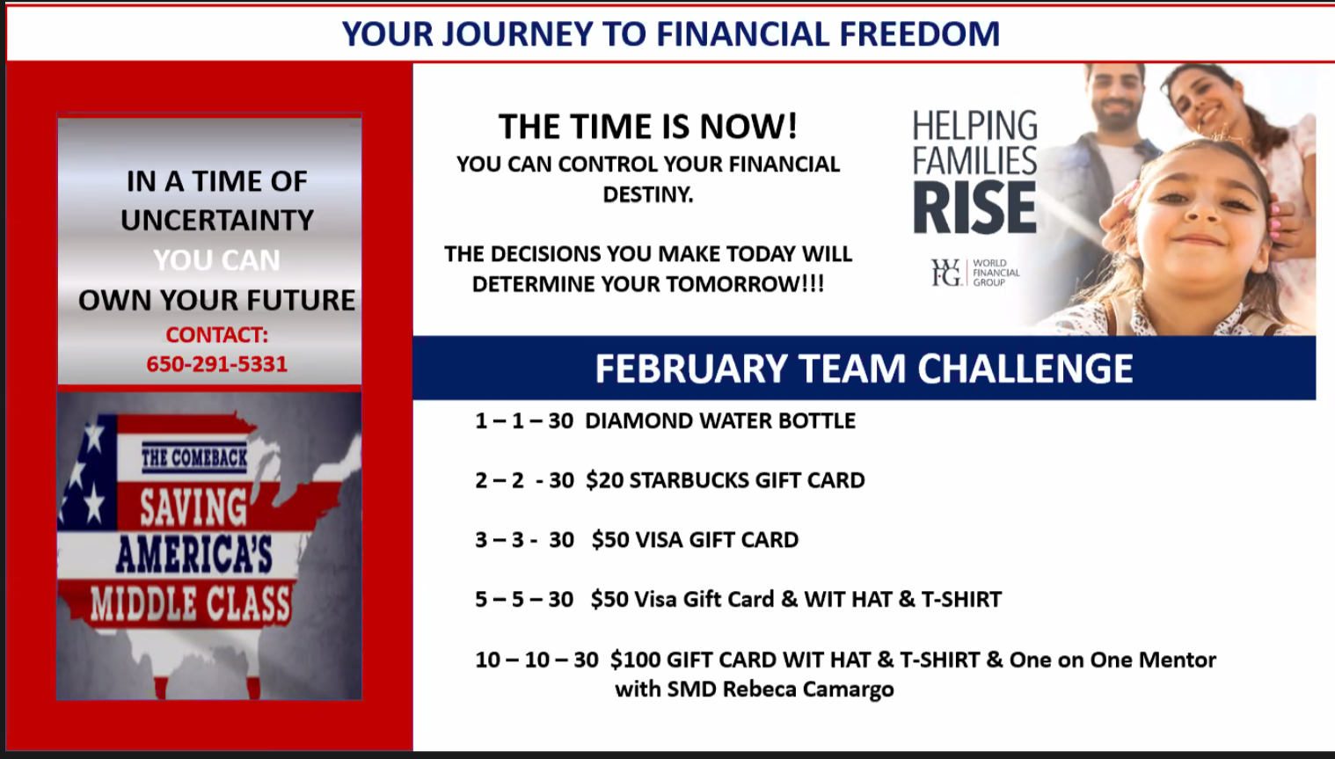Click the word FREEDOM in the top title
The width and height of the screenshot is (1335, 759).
pyautogui.click(x=920, y=33)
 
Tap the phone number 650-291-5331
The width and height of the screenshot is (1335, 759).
pyautogui.click(x=217, y=364)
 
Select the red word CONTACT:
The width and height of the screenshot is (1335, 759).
pyautogui.click(x=217, y=335)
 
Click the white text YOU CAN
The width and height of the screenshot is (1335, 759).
pyautogui.click(x=217, y=260)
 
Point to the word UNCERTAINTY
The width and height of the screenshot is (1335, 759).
pyautogui.click(x=217, y=220)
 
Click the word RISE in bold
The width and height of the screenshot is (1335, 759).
pyautogui.click(x=975, y=208)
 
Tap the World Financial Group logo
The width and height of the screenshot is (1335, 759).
pyautogui.click(x=975, y=273)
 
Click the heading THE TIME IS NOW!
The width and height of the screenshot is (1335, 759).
pyautogui.click(x=648, y=127)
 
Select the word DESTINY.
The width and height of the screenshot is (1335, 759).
pyautogui.click(x=648, y=194)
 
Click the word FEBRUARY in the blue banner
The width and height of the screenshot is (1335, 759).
pyautogui.click(x=690, y=368)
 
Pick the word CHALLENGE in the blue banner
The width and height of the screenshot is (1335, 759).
pyautogui.click(x=1025, y=368)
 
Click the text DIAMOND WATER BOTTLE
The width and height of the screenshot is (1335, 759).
pyautogui.click(x=720, y=421)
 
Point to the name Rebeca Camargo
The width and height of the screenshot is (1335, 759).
pyautogui.click(x=808, y=690)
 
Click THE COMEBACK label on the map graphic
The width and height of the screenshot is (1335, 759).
pyautogui.click(x=194, y=458)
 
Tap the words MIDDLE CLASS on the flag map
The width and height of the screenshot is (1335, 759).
pyautogui.click(x=191, y=603)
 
